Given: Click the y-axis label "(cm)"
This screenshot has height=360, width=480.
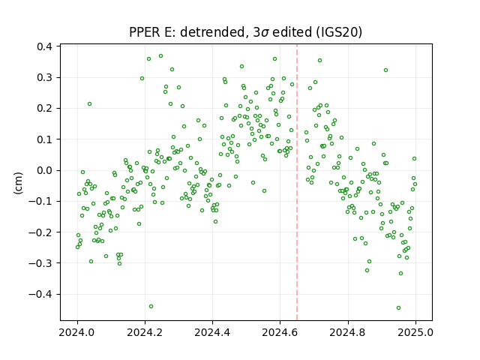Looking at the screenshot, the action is tap(18, 183).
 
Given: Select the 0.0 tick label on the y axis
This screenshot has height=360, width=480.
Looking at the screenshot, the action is tap(45, 170).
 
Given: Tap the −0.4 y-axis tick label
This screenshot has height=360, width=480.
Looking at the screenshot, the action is tap(40, 294).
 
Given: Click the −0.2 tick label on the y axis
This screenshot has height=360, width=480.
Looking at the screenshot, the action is tap(40, 232).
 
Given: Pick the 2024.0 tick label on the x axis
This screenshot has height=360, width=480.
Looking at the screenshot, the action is tap(77, 332).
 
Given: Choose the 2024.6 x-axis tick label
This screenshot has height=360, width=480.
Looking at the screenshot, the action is tap(280, 332).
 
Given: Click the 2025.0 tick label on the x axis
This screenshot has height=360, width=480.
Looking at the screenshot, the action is tap(415, 332).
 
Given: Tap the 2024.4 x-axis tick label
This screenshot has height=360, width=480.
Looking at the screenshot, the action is tap(212, 332).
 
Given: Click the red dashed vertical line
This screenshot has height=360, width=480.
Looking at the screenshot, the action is tap(297, 182).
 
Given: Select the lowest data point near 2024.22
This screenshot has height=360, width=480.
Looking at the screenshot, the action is tap(151, 307).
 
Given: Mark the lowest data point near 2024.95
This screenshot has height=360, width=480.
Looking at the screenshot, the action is tap(398, 308).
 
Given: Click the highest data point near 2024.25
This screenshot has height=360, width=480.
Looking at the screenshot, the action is tap(160, 56).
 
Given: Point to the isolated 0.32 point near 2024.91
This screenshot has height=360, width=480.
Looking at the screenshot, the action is tap(386, 70).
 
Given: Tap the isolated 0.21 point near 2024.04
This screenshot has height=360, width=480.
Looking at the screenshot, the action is tap(89, 104).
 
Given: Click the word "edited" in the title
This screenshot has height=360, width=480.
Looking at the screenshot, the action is tap(292, 32).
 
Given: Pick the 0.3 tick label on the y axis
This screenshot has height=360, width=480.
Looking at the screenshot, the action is tap(45, 77).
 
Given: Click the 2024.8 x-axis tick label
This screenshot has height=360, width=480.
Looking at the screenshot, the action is tap(348, 332).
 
